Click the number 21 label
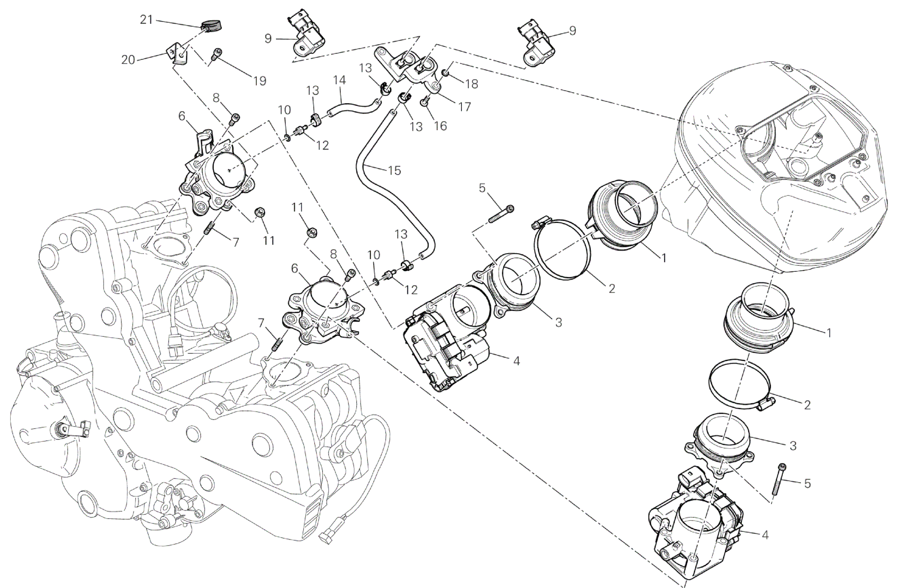[147, 20]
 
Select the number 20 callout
[128, 60]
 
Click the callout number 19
[260, 81]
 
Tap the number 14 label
[340, 80]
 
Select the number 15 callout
[394, 170]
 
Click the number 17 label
[464, 107]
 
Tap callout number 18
[472, 84]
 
